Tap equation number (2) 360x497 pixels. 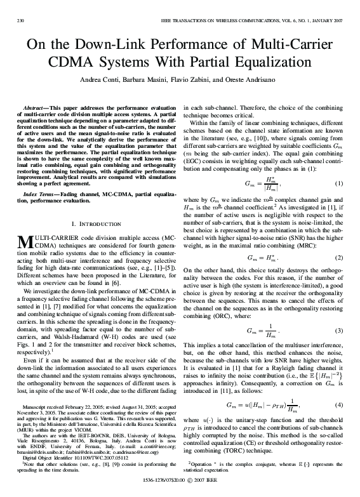338,241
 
